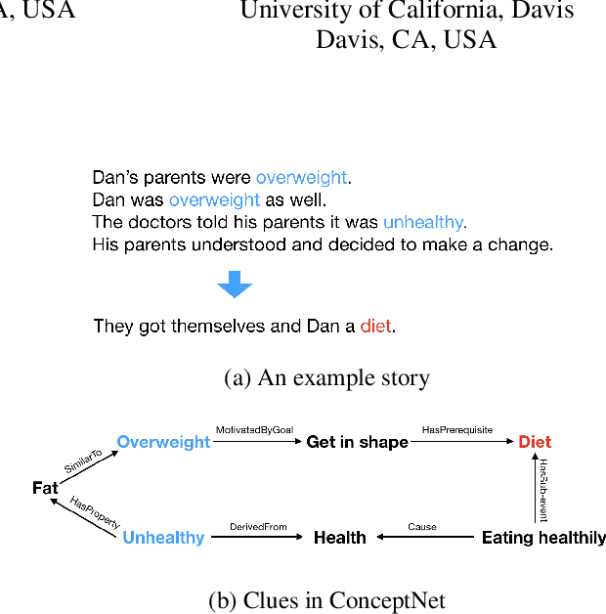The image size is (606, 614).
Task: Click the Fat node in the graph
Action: pyautogui.click(x=45, y=488)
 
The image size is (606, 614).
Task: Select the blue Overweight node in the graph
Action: pyautogui.click(x=163, y=442)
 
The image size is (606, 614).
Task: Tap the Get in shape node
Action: pyautogui.click(x=357, y=442)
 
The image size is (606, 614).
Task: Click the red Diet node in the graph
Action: pyautogui.click(x=535, y=442)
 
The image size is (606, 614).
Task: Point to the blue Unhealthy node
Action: pyautogui.click(x=163, y=538)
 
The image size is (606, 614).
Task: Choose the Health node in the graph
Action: pyautogui.click(x=339, y=538)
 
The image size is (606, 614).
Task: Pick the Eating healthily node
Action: pyautogui.click(x=543, y=538)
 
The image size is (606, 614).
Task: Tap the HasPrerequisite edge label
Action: pyautogui.click(x=456, y=429)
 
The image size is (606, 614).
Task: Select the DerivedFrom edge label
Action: pyautogui.click(x=258, y=527)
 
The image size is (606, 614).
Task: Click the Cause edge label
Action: pyautogui.click(x=422, y=527)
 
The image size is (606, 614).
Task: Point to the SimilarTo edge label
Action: pyautogui.click(x=83, y=462)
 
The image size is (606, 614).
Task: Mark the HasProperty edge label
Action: pyautogui.click(x=95, y=512)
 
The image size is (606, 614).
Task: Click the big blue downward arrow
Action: pyautogui.click(x=235, y=285)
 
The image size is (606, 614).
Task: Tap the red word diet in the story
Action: pyautogui.click(x=375, y=327)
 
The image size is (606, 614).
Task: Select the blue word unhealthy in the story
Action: pyautogui.click(x=422, y=222)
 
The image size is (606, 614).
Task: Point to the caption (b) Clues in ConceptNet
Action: pyautogui.click(x=326, y=600)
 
